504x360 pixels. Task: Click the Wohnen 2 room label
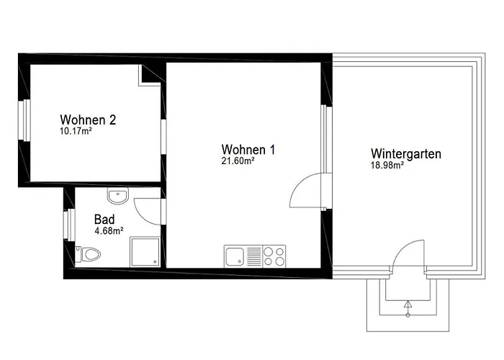88,120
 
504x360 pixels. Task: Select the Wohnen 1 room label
248,150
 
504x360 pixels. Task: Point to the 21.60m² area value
238,161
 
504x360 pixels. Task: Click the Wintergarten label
406,153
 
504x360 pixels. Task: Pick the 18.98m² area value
387,165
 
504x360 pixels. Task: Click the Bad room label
104,219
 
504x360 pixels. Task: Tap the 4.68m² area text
109,230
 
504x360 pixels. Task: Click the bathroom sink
117,195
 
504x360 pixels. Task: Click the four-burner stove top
274,255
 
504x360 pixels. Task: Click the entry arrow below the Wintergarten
408,308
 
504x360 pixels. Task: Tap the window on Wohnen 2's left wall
26,121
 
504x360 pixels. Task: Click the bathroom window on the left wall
70,225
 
